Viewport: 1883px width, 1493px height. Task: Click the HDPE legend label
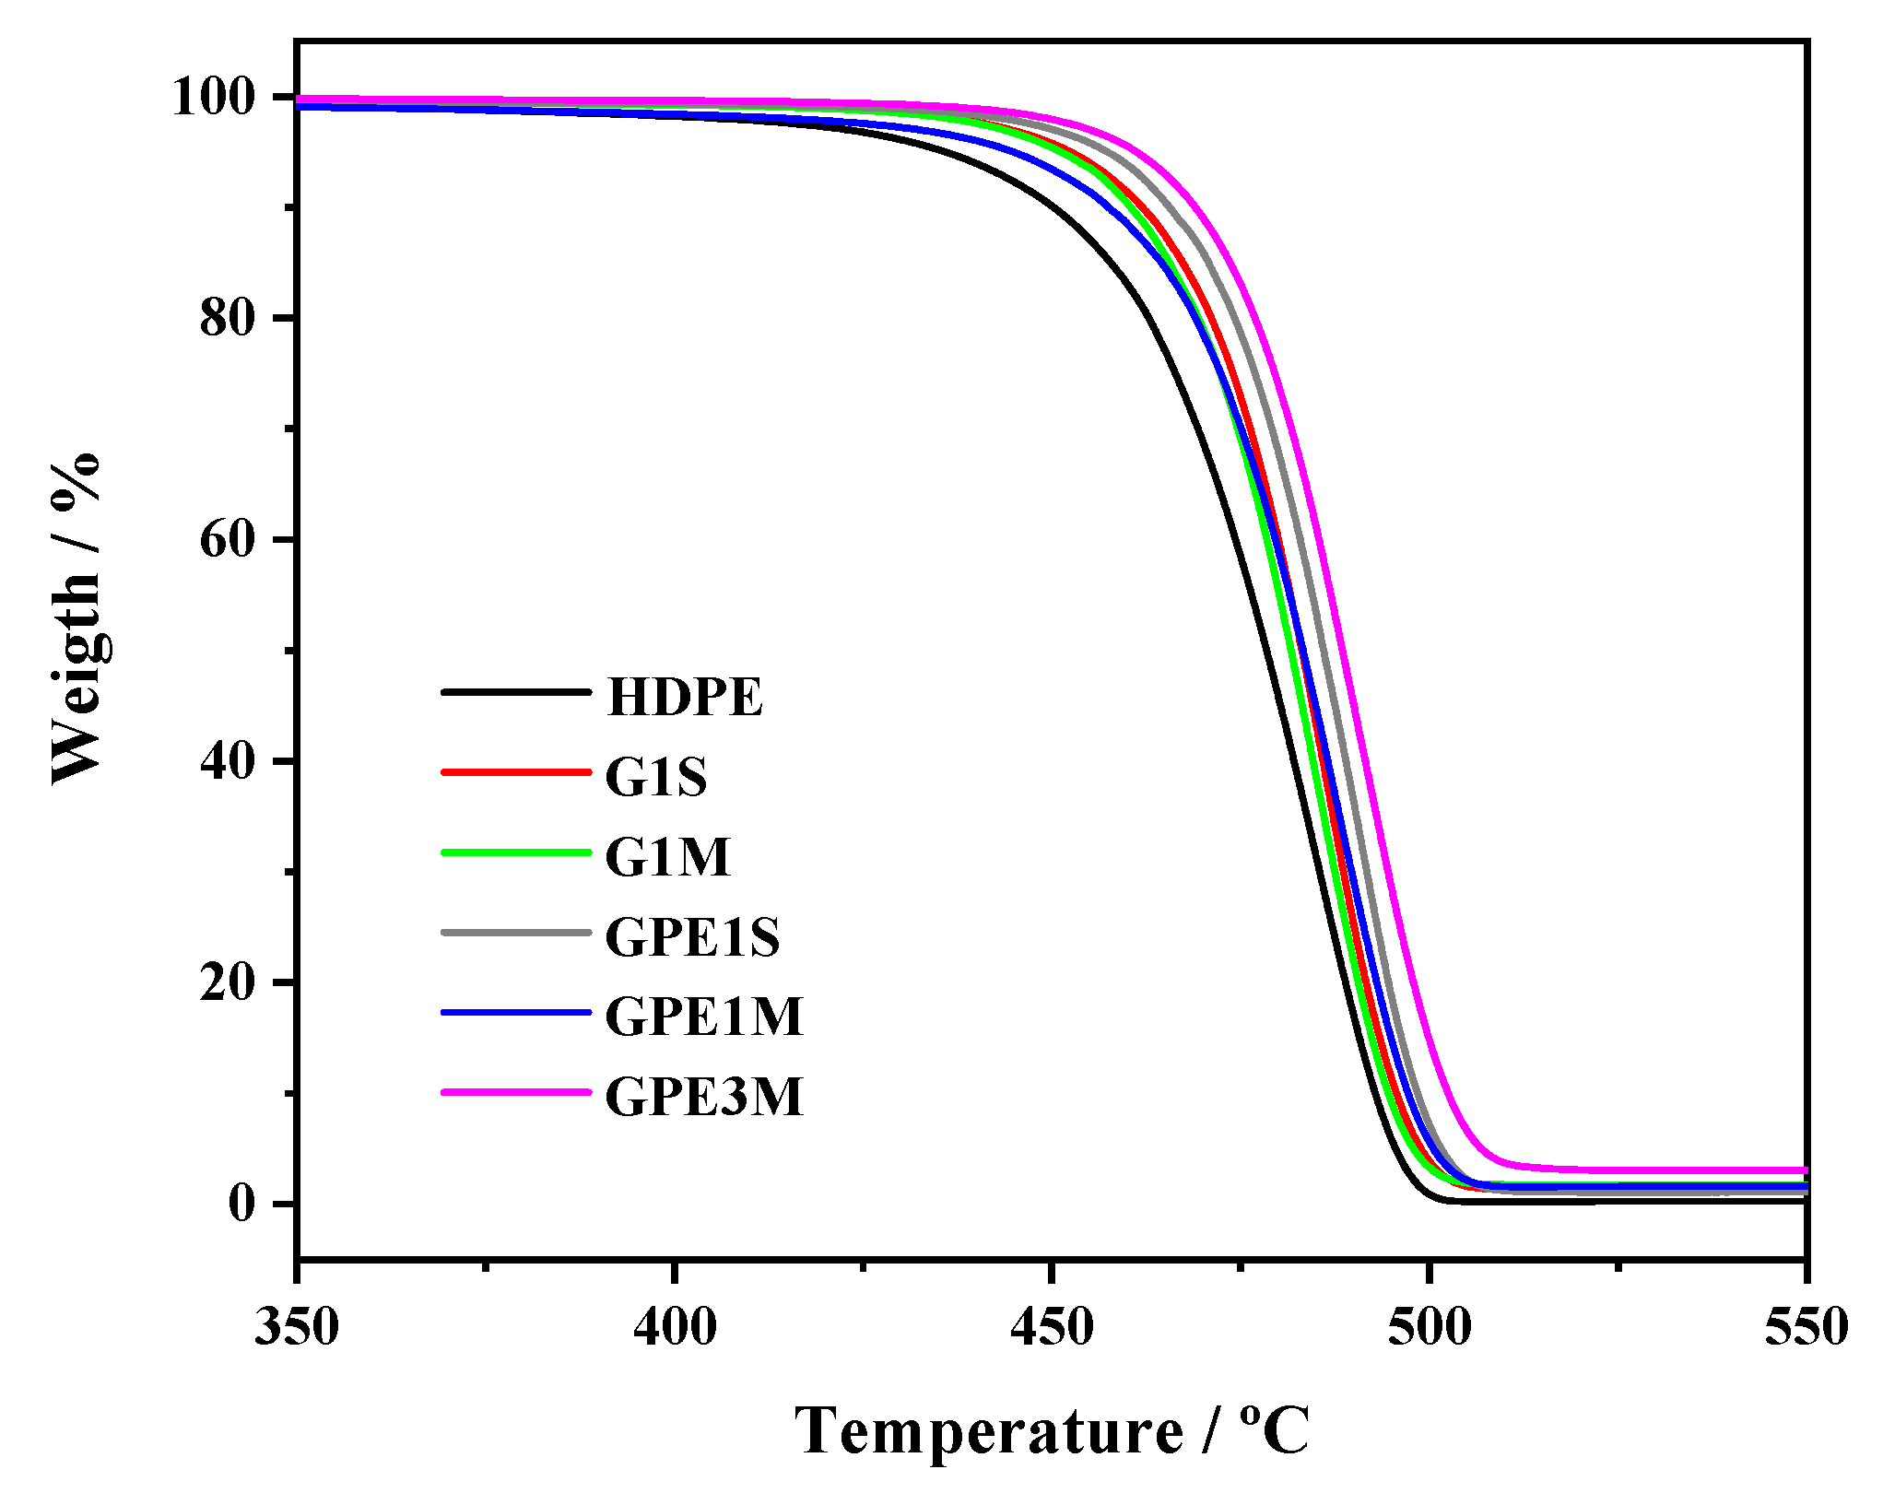pos(685,698)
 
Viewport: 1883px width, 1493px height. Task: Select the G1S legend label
pos(655,777)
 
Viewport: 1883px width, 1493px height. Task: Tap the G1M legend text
pos(667,857)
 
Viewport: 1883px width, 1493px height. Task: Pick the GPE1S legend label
pos(692,937)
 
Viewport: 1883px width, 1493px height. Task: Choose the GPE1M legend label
pos(704,1017)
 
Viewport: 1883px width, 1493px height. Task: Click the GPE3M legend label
pos(704,1097)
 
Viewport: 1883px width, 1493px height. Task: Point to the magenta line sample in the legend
pos(515,1092)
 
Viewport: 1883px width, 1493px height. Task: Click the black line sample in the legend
pos(515,691)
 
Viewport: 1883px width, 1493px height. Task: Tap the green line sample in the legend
pos(515,852)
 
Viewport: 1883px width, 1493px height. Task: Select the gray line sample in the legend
pos(515,932)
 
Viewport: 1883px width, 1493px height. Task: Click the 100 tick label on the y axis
pos(213,97)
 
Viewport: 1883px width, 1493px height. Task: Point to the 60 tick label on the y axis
pos(227,539)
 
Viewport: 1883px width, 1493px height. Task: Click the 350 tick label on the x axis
pos(297,1328)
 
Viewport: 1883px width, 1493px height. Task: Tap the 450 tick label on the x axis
pos(1052,1328)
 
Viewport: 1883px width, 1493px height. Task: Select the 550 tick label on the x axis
pos(1806,1328)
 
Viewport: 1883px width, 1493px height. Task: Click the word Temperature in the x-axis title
pos(988,1432)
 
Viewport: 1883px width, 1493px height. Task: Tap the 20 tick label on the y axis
pos(227,982)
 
